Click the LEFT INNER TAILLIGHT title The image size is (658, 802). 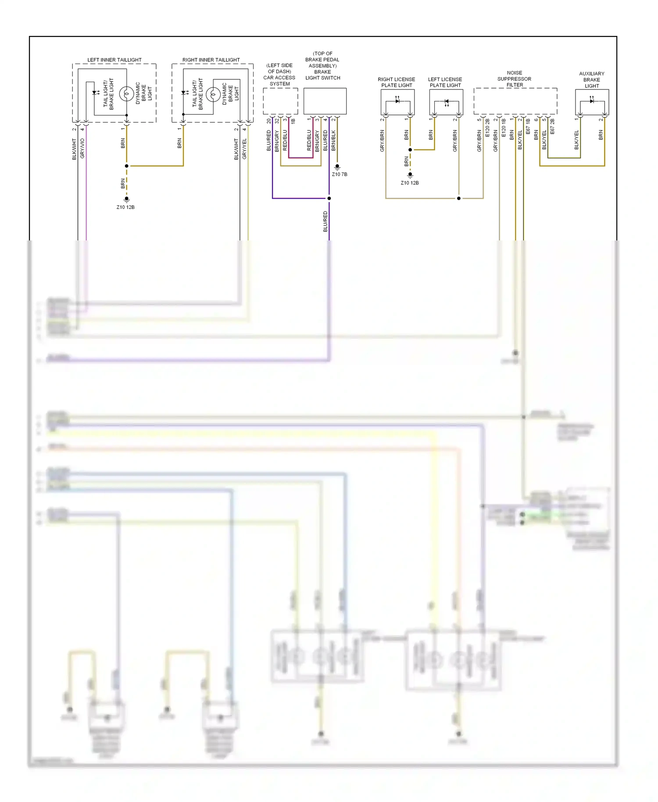114,60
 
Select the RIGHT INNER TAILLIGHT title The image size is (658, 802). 211,60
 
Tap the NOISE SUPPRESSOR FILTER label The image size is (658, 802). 514,79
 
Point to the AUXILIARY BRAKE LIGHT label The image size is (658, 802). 591,80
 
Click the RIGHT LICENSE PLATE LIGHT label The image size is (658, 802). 396,82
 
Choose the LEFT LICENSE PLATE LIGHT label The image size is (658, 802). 445,82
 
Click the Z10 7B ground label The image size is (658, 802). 340,174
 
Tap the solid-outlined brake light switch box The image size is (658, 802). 325,101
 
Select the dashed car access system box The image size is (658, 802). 280,101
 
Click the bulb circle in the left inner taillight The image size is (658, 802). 127,94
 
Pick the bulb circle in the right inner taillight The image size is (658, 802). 213,94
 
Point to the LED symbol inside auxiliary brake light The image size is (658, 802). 592,101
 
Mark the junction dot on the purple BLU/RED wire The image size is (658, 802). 329,198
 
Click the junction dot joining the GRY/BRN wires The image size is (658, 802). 459,198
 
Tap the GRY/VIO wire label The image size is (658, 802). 82,148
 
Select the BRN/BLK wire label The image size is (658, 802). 333,140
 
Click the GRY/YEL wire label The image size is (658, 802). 245,148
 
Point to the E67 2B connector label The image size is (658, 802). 552,126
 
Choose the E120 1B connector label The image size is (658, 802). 504,127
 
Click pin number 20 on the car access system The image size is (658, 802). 269,121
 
